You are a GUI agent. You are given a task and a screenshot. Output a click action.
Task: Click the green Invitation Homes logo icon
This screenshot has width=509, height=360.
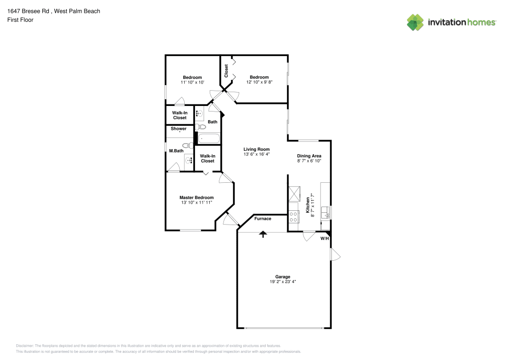coord(415,22)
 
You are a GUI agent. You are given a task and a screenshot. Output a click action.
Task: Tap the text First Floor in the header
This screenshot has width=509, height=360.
coord(20,20)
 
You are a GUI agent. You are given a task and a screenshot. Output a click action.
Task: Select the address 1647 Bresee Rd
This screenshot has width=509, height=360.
coord(29,11)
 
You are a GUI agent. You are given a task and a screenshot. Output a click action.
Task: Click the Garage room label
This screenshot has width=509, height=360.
coord(283,276)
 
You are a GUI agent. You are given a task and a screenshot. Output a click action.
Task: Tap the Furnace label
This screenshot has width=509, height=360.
coord(263,218)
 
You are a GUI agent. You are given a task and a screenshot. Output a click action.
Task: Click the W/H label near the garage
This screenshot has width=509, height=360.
coord(324,238)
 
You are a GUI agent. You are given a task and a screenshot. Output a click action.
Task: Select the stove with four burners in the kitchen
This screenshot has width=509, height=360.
coord(294,217)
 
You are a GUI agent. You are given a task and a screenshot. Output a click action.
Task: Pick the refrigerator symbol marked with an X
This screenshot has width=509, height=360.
coord(294,194)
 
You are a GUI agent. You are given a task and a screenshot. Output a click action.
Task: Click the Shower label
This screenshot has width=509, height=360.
coord(178,129)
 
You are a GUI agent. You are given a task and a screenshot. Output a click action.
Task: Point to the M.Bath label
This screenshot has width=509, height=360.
coord(176,151)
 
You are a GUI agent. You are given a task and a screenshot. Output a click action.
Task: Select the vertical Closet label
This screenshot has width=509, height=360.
coord(226,70)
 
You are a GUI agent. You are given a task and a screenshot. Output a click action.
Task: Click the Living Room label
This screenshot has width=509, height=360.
coord(256,149)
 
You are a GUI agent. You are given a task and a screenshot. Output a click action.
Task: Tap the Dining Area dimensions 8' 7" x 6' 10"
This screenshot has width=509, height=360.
coord(309,161)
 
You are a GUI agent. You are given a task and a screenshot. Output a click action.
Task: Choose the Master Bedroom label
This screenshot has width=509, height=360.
coord(196,198)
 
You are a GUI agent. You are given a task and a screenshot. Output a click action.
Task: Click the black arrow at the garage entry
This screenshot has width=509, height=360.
coord(263,234)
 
